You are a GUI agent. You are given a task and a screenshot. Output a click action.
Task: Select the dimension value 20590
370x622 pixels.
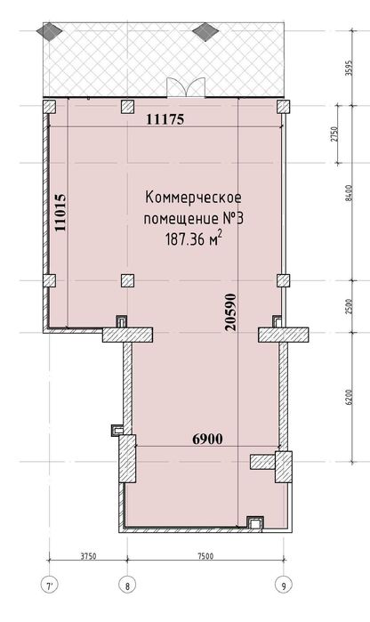pyautogui.click(x=231, y=307)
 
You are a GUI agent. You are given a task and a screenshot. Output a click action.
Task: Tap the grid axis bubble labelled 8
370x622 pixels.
pyautogui.click(x=127, y=586)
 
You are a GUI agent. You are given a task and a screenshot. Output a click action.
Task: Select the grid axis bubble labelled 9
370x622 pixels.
pyautogui.click(x=284, y=586)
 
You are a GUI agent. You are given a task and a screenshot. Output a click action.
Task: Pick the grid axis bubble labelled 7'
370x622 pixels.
pyautogui.click(x=48, y=586)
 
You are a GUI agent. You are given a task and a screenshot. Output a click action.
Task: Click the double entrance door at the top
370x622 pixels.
pyautogui.click(x=186, y=86)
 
